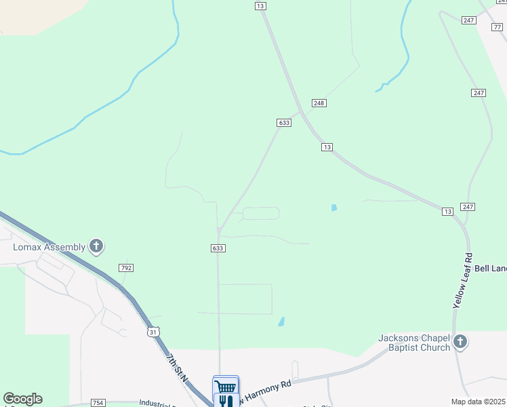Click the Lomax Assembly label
(x=49, y=247)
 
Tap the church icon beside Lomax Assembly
(x=96, y=246)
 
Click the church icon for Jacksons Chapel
(x=460, y=342)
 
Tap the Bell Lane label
(x=489, y=269)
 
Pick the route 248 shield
(x=319, y=102)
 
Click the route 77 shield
(x=498, y=26)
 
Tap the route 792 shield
(x=125, y=268)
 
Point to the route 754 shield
(x=98, y=403)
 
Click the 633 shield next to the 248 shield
(x=284, y=123)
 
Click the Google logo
(x=22, y=399)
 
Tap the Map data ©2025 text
(x=479, y=402)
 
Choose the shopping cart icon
(x=226, y=385)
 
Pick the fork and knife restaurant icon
(x=225, y=401)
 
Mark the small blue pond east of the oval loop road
(x=333, y=208)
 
